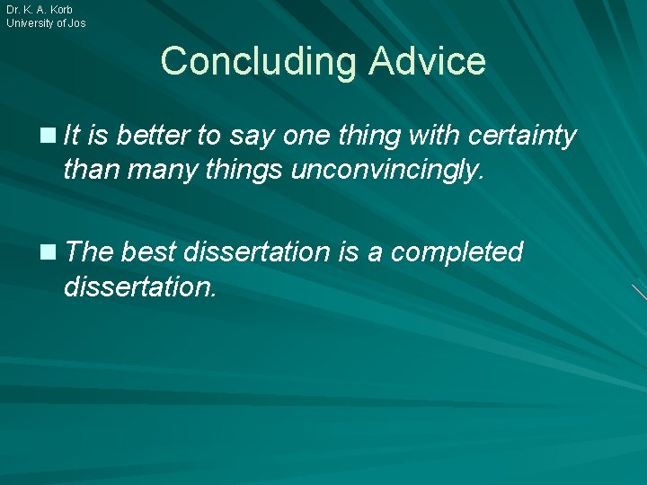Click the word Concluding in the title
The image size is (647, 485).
257,61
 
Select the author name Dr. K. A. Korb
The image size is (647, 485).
40,9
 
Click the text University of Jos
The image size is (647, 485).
46,23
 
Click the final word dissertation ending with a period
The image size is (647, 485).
139,287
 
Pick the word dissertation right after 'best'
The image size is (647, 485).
257,252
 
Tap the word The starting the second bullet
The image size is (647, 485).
88,252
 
